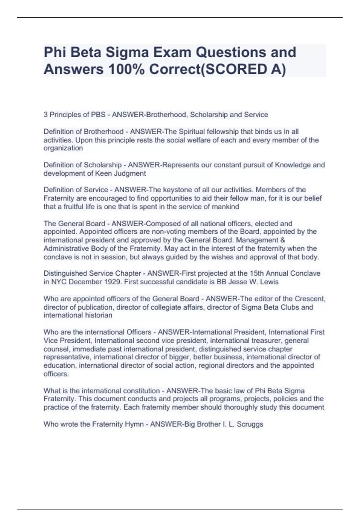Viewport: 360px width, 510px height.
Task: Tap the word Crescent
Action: click(310, 299)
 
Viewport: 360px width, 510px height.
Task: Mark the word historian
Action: click(99, 315)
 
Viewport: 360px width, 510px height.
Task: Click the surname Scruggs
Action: click(250, 424)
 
